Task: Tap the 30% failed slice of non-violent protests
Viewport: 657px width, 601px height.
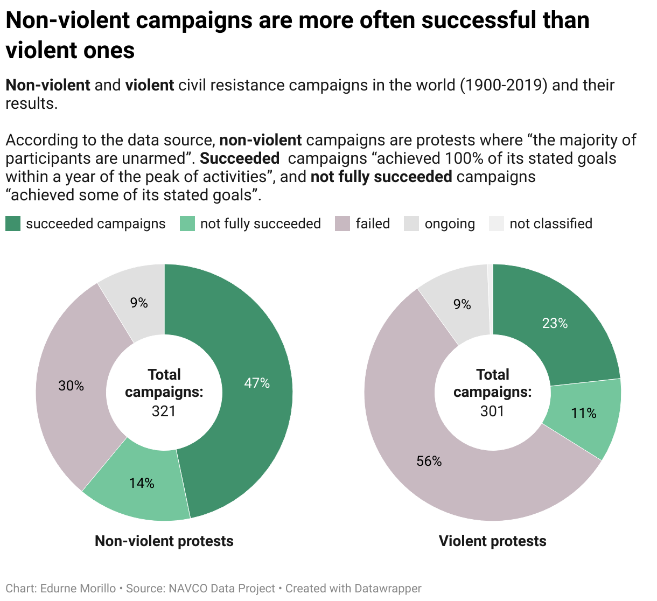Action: pyautogui.click(x=73, y=385)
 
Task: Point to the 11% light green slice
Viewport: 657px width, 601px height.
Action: pyautogui.click(x=583, y=413)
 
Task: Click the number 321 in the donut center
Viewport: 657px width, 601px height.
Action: pyautogui.click(x=164, y=411)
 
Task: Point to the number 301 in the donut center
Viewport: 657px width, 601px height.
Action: pyautogui.click(x=492, y=411)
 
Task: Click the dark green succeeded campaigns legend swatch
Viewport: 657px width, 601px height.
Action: pyautogui.click(x=13, y=223)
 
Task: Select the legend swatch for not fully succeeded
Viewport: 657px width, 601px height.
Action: pyautogui.click(x=187, y=223)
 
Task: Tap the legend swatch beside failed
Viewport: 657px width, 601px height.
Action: pyautogui.click(x=343, y=223)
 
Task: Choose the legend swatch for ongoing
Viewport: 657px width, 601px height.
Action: pyautogui.click(x=411, y=223)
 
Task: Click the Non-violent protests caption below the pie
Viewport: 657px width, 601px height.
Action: pyautogui.click(x=164, y=541)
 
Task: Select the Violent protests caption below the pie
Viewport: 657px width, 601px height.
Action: pyautogui.click(x=492, y=541)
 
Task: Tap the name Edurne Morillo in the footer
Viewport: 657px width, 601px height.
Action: pyautogui.click(x=78, y=589)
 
